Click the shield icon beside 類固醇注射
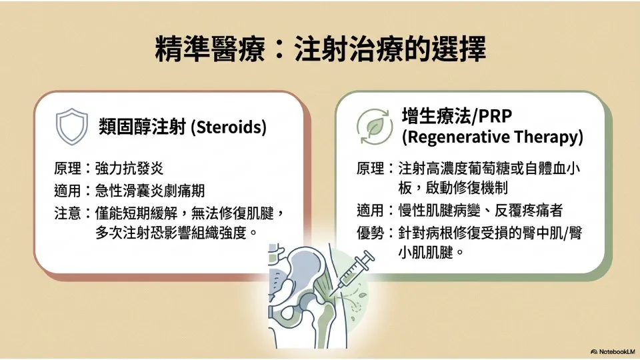72,126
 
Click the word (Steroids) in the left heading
229,127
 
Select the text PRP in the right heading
495,116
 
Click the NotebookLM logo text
613,351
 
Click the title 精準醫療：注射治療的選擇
321,49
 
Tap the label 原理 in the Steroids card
67,168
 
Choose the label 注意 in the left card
67,213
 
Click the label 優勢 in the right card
370,233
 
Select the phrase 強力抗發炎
129,168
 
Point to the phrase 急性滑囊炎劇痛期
150,191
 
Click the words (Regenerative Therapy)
492,137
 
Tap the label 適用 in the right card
370,210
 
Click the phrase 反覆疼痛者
529,210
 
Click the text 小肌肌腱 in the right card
426,252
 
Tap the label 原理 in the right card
370,168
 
